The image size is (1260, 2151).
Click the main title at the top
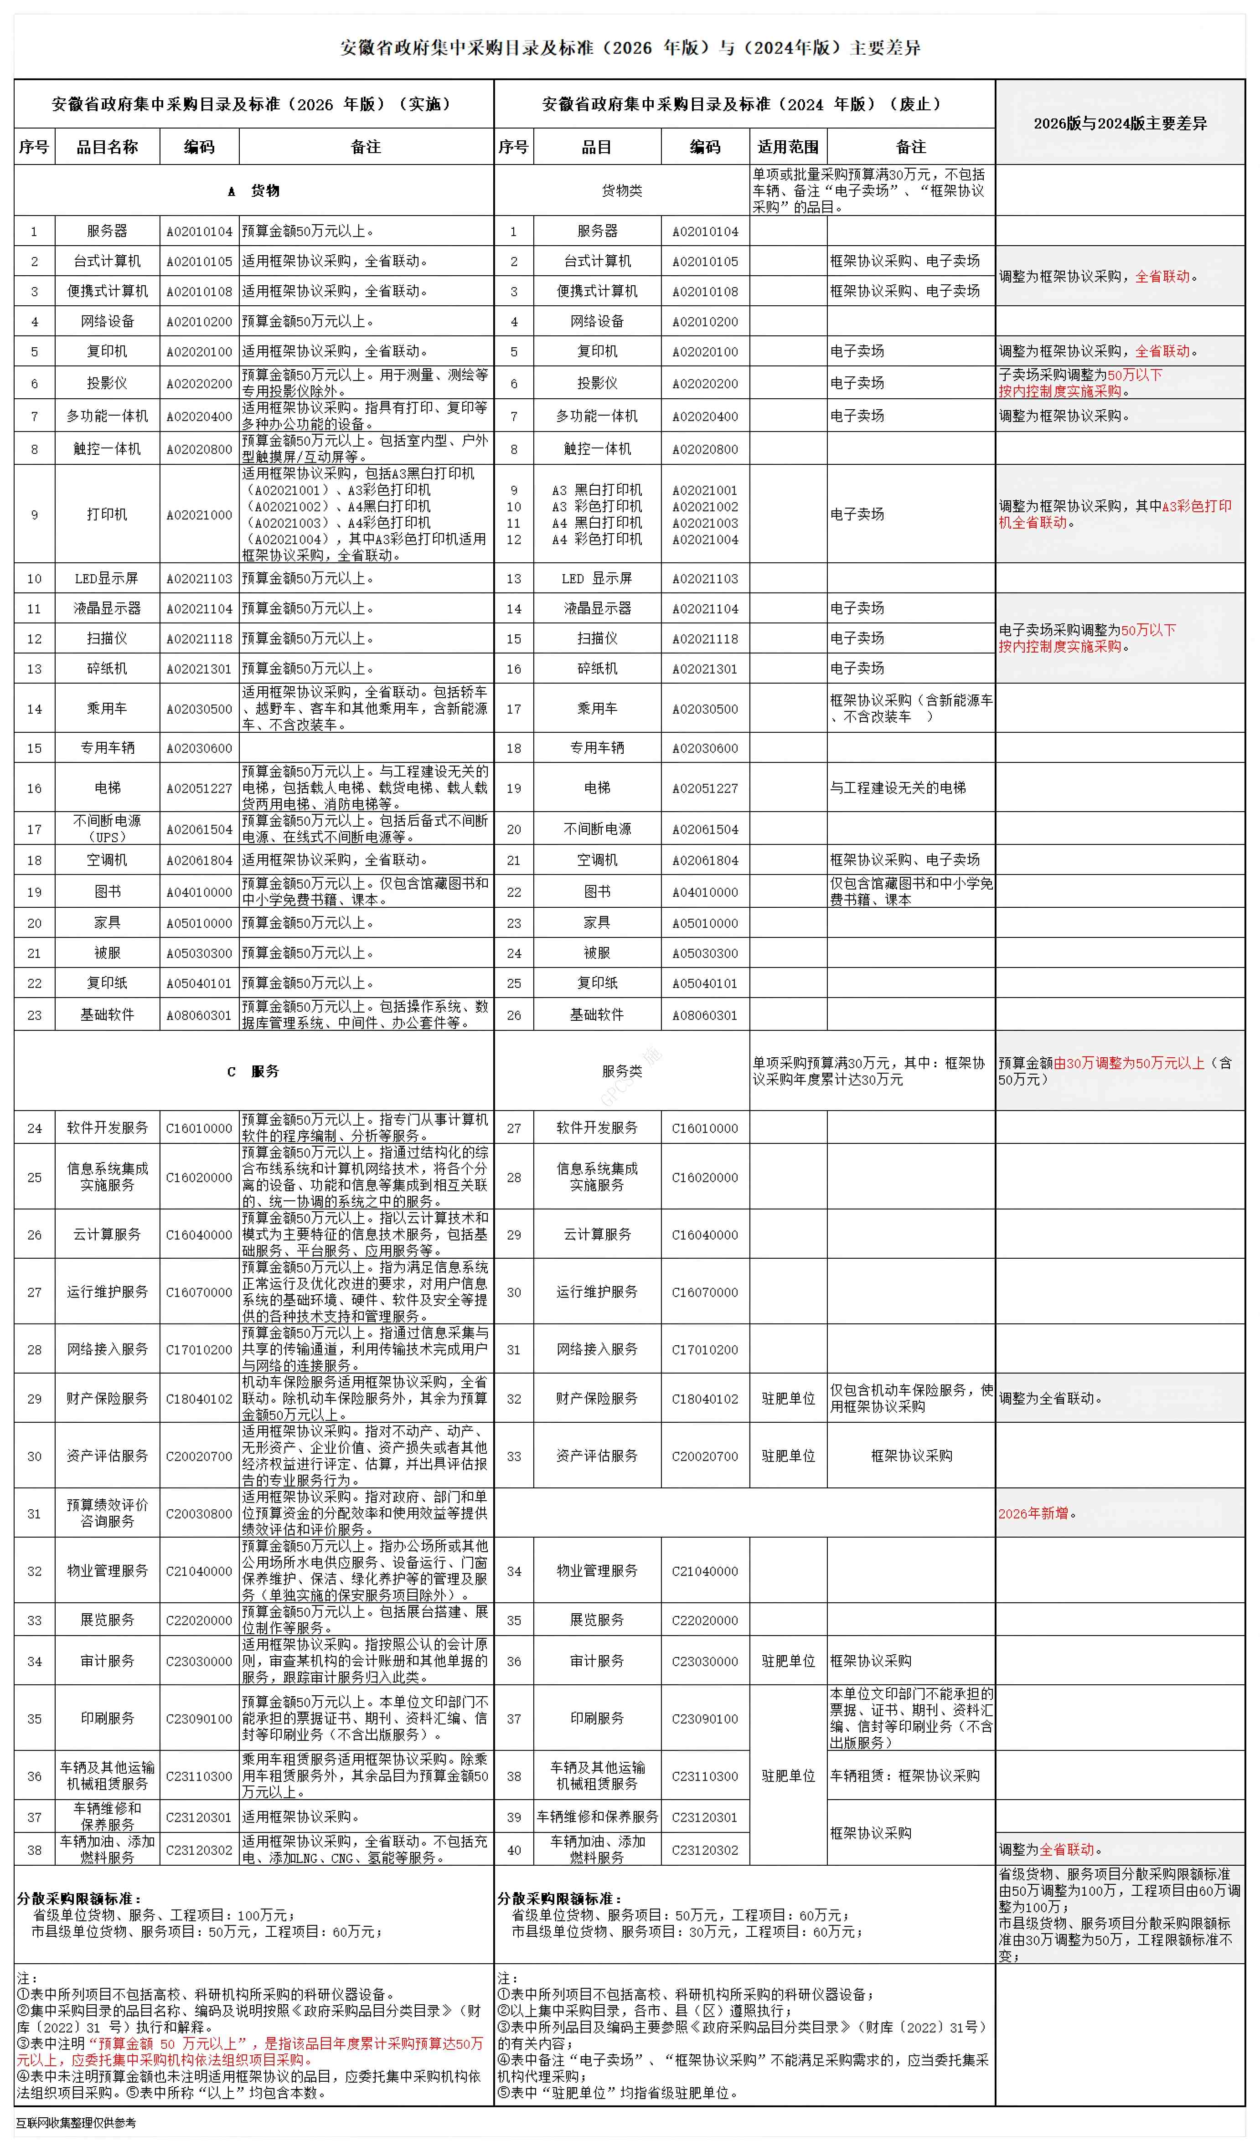630,48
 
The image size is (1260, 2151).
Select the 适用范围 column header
788,147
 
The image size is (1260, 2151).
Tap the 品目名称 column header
108,147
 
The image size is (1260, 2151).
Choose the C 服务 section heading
253,1071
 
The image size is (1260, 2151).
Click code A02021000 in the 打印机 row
199,515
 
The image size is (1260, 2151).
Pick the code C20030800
199,1513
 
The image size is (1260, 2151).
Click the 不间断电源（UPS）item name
108,829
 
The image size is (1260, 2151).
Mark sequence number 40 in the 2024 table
514,1851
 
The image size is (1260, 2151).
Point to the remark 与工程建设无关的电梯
898,788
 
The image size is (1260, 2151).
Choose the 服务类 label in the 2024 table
621,1071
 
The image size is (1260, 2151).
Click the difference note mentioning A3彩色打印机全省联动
1115,514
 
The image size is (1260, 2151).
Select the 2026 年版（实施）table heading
253,104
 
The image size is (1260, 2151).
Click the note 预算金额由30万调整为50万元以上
1115,1071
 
